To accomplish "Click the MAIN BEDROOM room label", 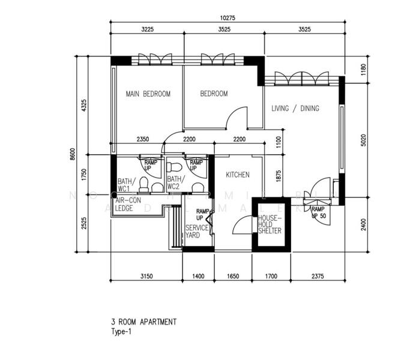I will pyautogui.click(x=148, y=94).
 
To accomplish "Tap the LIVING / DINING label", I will pyautogui.click(x=295, y=109).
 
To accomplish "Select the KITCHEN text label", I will pyautogui.click(x=237, y=175).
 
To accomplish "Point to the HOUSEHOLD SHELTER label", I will pyautogui.click(x=270, y=224).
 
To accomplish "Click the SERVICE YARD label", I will pyautogui.click(x=196, y=232).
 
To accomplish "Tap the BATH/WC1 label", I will pyautogui.click(x=126, y=184).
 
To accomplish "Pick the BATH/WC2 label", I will pyautogui.click(x=175, y=183).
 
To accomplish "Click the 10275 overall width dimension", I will pyautogui.click(x=228, y=18).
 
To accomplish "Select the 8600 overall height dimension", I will pyautogui.click(x=73, y=154).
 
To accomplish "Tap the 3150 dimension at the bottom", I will pyautogui.click(x=148, y=277).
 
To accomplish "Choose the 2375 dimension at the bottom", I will pyautogui.click(x=318, y=277).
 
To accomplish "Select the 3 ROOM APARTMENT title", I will pyautogui.click(x=144, y=322).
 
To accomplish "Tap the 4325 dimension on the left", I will pyautogui.click(x=85, y=105).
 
